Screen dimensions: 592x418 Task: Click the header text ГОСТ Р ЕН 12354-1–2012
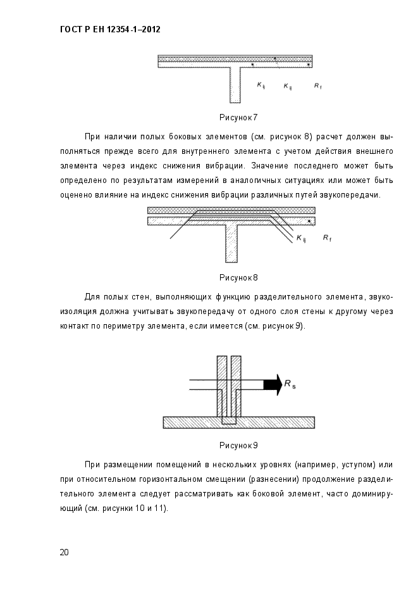109,29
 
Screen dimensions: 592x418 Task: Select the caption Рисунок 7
238,117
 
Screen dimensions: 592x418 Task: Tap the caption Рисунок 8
238,277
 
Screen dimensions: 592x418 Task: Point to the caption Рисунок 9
238,445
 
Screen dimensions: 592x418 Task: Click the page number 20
64,552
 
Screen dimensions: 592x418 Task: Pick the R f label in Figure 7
317,85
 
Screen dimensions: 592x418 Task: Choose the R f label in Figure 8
326,238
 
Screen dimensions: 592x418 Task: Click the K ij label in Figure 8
301,239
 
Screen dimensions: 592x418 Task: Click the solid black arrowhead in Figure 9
273,384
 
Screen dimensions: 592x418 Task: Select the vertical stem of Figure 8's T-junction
231,244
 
